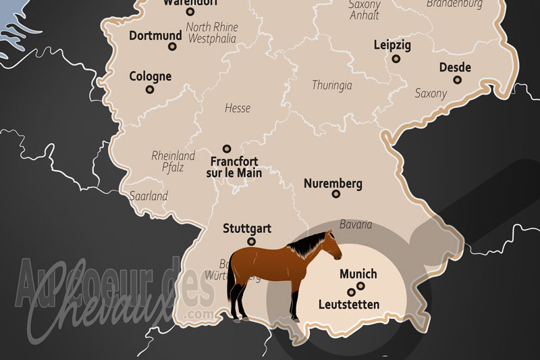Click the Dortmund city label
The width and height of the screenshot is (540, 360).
(x=155, y=35)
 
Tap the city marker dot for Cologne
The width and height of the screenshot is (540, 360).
(x=150, y=89)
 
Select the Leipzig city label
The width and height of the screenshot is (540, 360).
(x=392, y=46)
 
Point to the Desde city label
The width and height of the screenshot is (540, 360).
(x=455, y=67)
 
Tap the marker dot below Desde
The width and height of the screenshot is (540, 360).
(x=457, y=80)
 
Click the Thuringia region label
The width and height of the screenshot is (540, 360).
(x=332, y=85)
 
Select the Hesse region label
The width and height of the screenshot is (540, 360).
(x=237, y=108)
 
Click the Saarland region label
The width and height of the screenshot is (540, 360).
(x=148, y=196)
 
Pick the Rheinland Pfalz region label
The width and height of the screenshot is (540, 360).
(x=173, y=161)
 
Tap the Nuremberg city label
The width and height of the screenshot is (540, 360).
(x=333, y=183)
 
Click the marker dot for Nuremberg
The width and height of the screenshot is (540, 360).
(x=336, y=195)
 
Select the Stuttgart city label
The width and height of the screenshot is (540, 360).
(x=247, y=228)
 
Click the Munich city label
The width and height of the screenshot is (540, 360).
(x=358, y=275)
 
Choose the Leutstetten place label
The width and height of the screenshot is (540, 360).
(x=348, y=305)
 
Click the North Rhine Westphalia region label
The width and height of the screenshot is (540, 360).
(x=211, y=33)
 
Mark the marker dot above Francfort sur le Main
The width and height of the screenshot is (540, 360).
(x=227, y=149)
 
